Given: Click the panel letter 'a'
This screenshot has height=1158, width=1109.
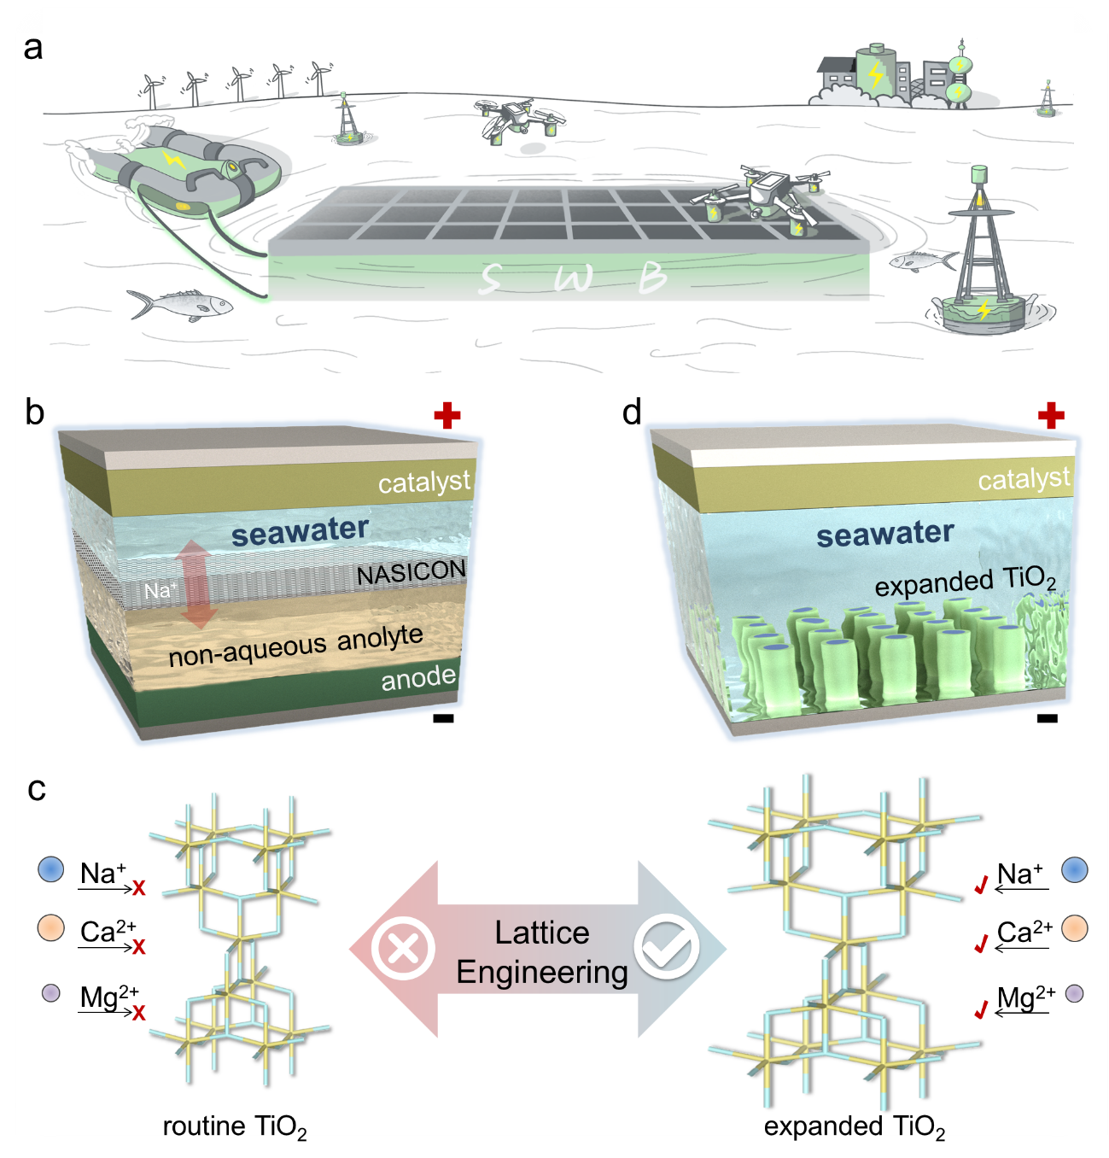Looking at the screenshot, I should (x=32, y=48).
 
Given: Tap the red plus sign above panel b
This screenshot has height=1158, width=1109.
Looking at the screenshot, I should (x=447, y=416).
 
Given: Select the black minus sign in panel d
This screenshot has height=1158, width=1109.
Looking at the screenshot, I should (x=1047, y=718).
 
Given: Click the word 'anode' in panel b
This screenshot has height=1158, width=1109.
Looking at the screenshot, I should (x=418, y=678).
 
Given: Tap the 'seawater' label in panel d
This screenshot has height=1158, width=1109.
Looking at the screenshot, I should (x=884, y=535).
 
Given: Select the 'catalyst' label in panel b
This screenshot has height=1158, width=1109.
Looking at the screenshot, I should (x=423, y=482).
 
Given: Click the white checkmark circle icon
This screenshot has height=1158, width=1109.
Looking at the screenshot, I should (x=666, y=946).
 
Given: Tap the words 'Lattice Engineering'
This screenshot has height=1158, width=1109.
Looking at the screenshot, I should (x=541, y=952).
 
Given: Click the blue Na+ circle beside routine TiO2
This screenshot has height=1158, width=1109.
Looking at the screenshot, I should (x=51, y=869).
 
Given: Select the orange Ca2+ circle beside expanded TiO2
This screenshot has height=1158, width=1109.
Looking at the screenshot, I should (x=1075, y=929).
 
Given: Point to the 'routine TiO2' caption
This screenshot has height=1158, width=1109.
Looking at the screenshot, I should (x=234, y=1127).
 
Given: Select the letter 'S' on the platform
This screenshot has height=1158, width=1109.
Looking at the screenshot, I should (x=490, y=278).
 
